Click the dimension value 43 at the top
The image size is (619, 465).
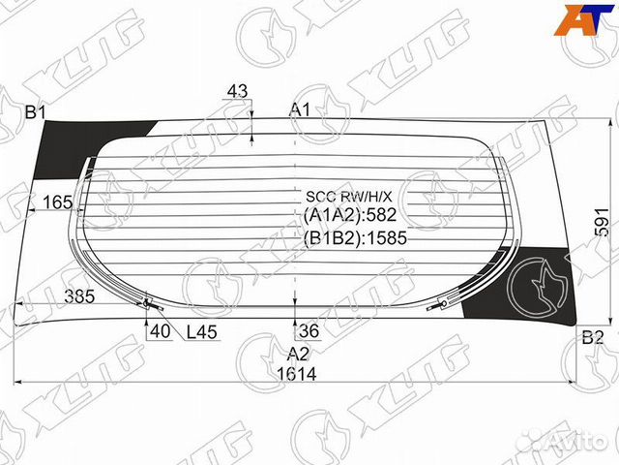237,91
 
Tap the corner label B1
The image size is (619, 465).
36,112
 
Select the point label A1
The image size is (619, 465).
300,109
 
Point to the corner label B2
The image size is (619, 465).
593,338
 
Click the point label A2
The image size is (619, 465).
298,354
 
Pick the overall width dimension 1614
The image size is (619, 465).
297,374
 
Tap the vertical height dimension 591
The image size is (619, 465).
603,222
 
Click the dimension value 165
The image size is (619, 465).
57,202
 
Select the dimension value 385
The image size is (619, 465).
79,296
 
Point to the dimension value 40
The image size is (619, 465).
161,331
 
